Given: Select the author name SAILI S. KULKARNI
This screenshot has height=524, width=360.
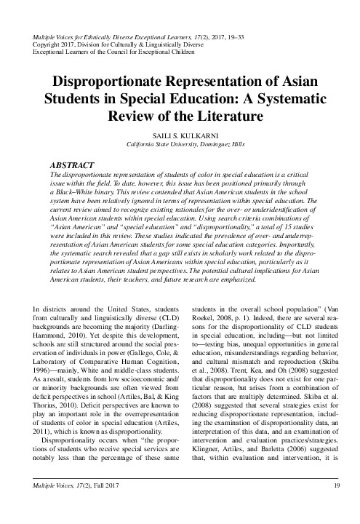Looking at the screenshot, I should (x=180, y=136).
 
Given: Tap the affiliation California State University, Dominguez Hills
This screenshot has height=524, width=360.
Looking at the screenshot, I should (x=180, y=145).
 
